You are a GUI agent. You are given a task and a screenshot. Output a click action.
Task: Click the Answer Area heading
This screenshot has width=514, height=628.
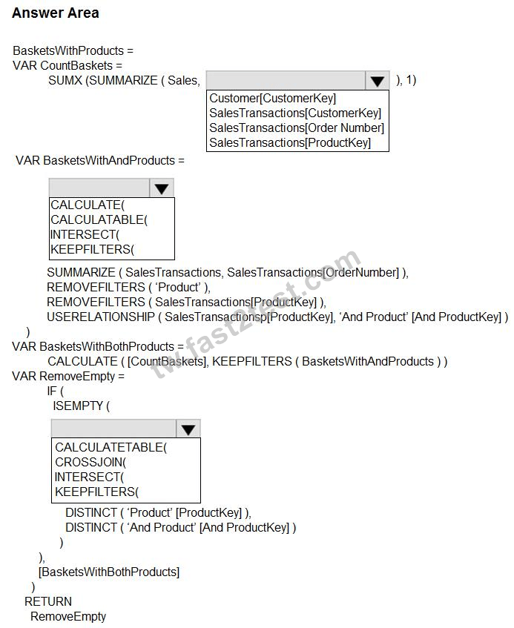[x=56, y=13]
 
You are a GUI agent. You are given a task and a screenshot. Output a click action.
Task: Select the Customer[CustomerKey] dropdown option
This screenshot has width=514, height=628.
[x=272, y=98]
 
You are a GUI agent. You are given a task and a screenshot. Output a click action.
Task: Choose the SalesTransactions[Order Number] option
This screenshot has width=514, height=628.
[x=297, y=128]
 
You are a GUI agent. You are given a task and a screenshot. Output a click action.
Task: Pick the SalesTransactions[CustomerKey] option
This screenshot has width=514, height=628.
[x=295, y=113]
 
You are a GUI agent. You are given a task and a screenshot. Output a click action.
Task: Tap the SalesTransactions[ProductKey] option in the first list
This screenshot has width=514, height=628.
[x=290, y=142]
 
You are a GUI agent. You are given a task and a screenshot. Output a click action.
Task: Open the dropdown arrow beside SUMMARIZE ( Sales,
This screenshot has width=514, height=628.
[x=377, y=81]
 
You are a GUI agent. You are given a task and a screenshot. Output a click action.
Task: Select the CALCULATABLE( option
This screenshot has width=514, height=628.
[x=99, y=220]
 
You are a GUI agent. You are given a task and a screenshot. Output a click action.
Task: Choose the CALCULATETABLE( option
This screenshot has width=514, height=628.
[x=111, y=447]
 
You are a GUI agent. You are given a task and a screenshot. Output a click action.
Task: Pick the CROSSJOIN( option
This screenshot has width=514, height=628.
[x=90, y=462]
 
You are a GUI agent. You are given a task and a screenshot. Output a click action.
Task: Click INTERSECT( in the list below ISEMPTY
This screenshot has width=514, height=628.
[x=89, y=477]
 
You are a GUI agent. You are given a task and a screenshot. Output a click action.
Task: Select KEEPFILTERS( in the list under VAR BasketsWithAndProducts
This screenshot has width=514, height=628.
[x=92, y=250]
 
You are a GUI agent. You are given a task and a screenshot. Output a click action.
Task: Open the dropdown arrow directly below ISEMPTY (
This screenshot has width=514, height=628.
[x=188, y=429]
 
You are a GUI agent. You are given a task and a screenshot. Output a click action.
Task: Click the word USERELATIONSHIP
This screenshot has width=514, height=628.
[x=101, y=317]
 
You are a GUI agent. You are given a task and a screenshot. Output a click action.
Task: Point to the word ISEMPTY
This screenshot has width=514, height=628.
[x=78, y=406]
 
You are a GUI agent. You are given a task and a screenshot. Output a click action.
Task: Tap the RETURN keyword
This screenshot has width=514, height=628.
[x=48, y=601]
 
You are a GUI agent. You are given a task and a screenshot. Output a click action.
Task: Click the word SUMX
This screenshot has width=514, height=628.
[x=65, y=80]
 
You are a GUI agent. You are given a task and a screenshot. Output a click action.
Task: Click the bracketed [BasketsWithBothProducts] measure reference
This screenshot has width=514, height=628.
[x=109, y=572]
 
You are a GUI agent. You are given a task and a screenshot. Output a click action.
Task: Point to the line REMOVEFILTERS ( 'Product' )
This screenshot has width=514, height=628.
[x=128, y=287]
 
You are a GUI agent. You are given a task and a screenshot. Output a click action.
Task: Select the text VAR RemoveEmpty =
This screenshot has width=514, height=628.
[x=68, y=377]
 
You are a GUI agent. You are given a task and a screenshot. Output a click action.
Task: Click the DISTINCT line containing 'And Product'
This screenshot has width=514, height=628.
[x=181, y=527]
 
